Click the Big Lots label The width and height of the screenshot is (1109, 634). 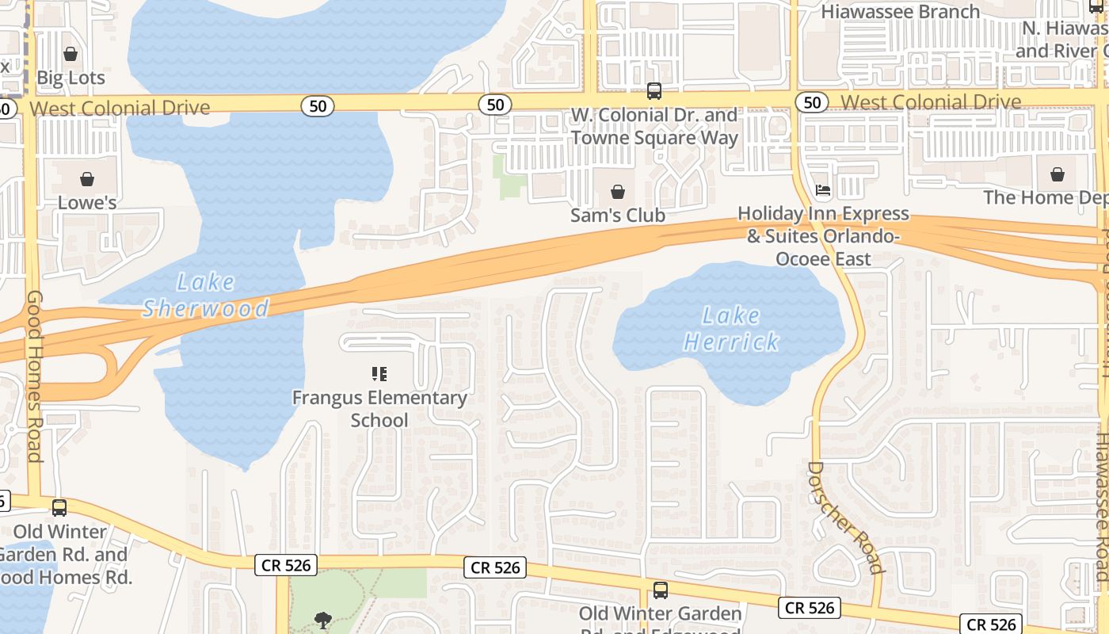coord(71,78)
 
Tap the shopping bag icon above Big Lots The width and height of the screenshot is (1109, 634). coord(71,54)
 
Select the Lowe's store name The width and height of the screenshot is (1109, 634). coord(87,203)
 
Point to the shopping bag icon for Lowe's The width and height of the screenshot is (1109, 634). coord(87,179)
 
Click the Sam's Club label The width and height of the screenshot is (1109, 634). coord(618,216)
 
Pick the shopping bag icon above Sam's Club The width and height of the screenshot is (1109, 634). coord(618,192)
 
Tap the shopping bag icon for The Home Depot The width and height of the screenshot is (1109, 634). coord(1058,174)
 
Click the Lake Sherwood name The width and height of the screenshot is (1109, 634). coord(206,295)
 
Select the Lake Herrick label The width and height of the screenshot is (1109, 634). coord(731,329)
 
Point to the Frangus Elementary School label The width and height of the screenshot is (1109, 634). coord(379,408)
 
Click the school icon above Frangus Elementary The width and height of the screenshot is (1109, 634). coord(379,373)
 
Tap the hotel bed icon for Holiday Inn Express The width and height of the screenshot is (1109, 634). coord(823,190)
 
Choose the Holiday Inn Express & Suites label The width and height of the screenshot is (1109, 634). coord(824,236)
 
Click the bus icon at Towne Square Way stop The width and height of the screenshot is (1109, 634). coord(654,91)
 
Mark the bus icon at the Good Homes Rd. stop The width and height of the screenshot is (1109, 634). coord(59,508)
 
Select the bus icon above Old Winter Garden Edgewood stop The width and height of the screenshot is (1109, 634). coord(660,590)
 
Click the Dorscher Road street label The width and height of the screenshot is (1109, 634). coord(844,517)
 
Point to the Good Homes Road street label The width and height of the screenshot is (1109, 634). coord(34,376)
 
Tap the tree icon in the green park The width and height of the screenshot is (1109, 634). coord(322,620)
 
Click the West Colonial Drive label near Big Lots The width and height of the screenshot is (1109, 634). coord(120,108)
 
